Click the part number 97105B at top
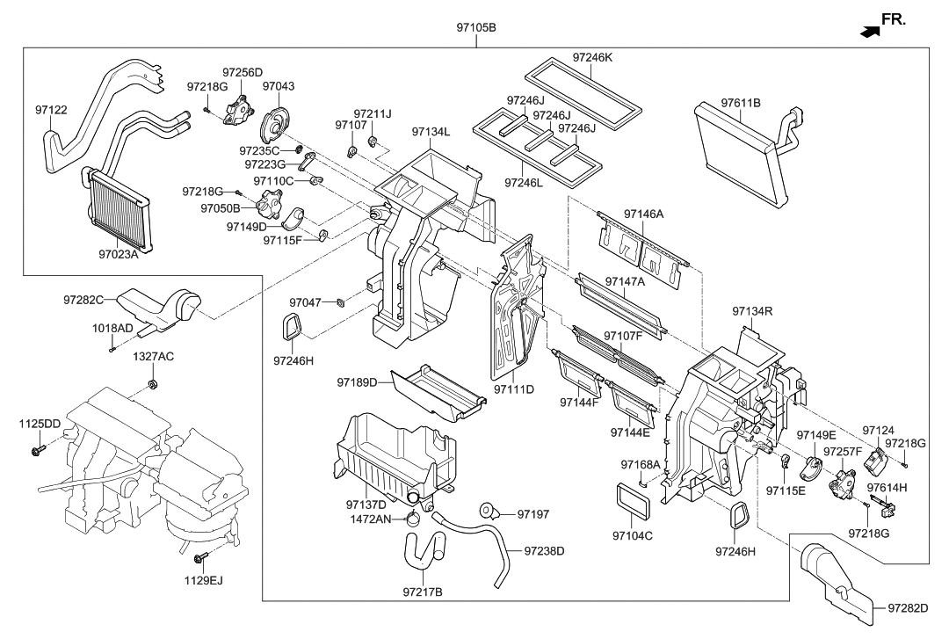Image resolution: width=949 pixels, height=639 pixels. pos(475,27)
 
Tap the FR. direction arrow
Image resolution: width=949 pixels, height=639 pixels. pos(870,31)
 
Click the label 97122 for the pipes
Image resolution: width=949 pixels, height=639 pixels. pos(51,110)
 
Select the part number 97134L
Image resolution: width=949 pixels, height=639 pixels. pos(431,132)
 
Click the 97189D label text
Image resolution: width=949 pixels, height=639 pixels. pos(356,382)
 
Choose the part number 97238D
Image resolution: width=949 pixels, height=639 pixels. pos(544,551)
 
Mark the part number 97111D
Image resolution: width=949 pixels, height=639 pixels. pos(514,388)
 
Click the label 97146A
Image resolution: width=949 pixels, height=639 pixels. pos(644,214)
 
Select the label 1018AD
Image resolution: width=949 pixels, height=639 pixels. pos(113,328)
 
